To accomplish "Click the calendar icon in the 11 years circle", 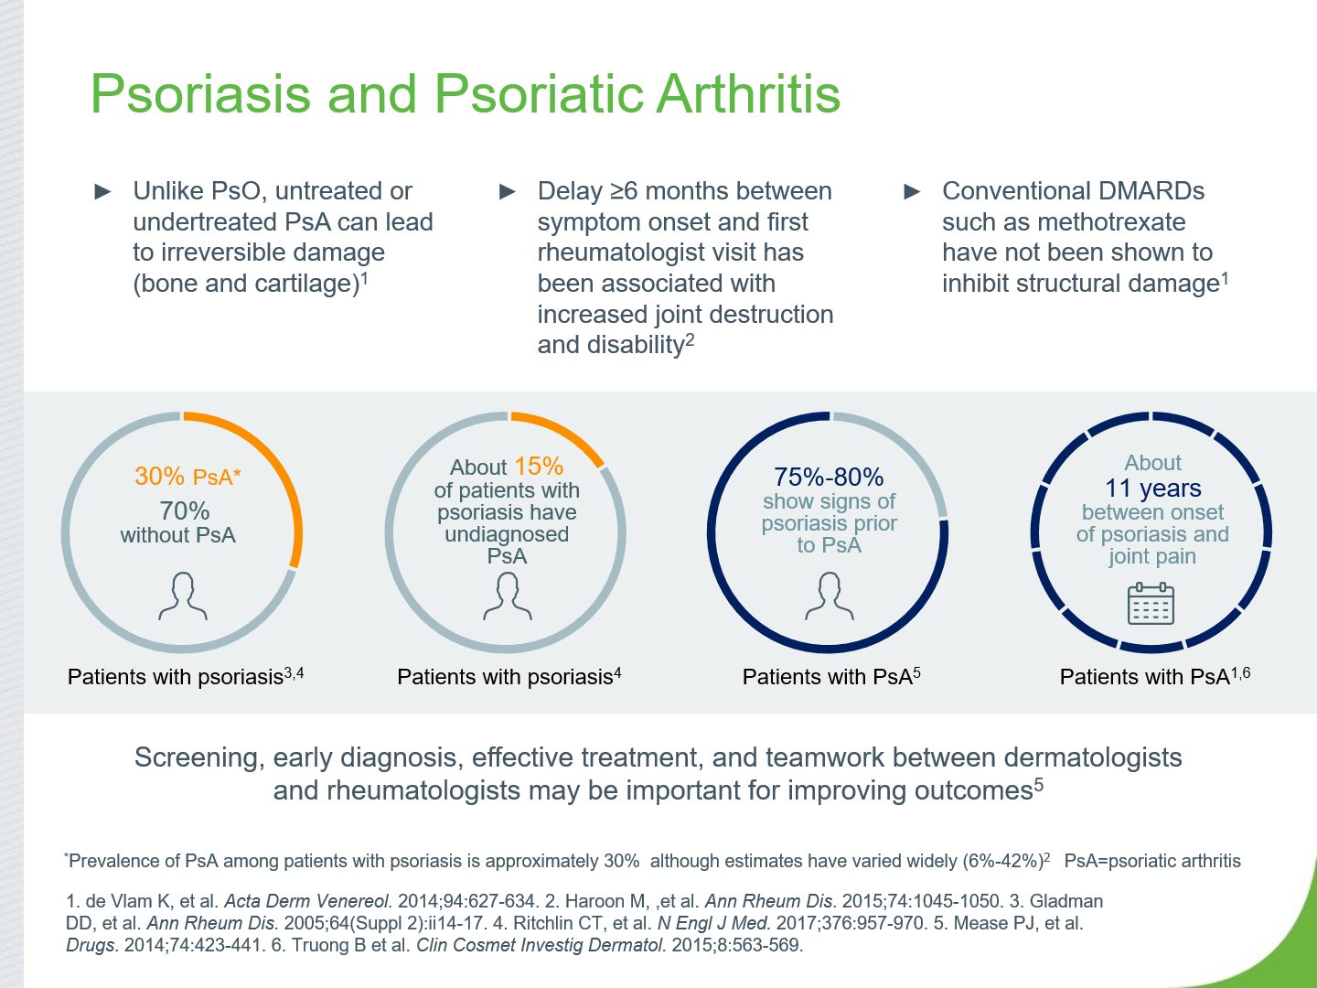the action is (x=1151, y=604).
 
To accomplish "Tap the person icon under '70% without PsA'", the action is (x=183, y=596).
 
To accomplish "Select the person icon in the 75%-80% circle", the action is (x=830, y=596).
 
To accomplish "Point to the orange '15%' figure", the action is (x=538, y=467).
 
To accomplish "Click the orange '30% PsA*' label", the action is (x=187, y=477).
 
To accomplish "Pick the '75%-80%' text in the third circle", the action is (x=828, y=478).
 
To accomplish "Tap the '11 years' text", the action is (x=1152, y=489).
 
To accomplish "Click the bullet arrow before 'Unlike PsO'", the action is (x=103, y=192).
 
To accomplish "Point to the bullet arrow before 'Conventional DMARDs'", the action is (x=912, y=192).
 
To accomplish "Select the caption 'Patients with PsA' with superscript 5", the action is (x=831, y=676).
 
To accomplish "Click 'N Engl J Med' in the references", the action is (x=713, y=923).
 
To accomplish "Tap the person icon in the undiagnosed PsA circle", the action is (x=507, y=596).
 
